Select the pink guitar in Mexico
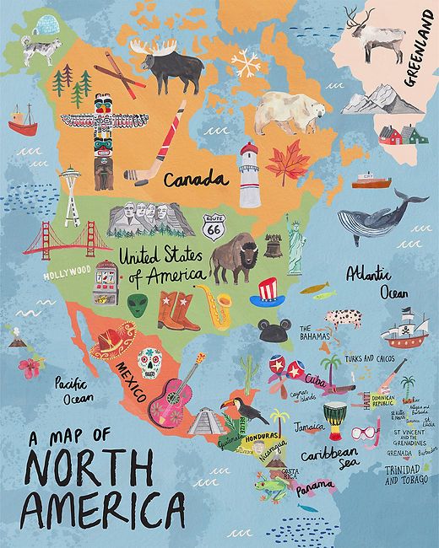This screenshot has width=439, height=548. click(174, 395)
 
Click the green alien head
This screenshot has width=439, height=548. click(138, 304)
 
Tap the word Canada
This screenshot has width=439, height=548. click(196, 180)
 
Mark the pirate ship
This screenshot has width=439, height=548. click(404, 329)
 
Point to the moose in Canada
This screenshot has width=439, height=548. click(172, 67)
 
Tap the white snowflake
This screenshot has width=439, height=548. click(247, 62)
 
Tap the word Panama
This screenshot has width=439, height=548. click(314, 487)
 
